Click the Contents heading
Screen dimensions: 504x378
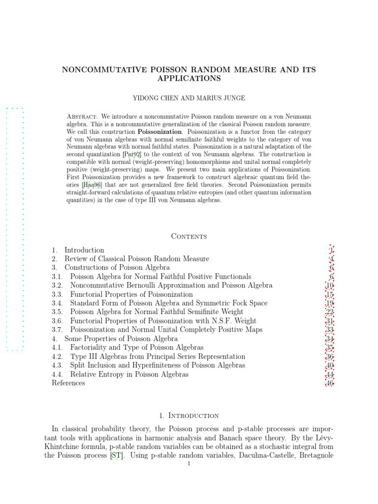click(189, 236)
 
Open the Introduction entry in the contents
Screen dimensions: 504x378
click(84, 250)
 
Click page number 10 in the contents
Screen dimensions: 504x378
click(330, 285)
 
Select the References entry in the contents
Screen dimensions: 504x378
click(68, 383)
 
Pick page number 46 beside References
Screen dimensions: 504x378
click(330, 383)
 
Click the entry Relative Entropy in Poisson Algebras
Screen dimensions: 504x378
click(129, 374)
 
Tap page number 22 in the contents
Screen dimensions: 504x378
click(330, 312)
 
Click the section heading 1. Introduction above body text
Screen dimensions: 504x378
click(189, 415)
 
